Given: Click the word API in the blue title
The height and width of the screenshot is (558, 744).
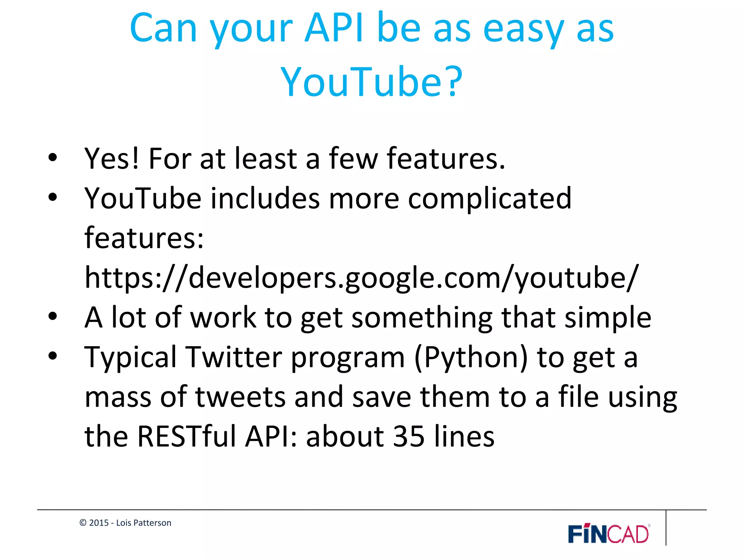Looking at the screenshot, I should coord(334,28).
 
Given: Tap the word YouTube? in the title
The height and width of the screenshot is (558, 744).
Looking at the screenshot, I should coord(372,82).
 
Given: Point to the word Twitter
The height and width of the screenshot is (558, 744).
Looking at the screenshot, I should coord(234,357).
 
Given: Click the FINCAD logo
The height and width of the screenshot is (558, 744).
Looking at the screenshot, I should coord(609,534).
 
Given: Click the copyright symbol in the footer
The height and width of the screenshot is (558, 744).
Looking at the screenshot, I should coord(83,523).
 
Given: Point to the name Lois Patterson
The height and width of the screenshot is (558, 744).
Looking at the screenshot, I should coord(143,523).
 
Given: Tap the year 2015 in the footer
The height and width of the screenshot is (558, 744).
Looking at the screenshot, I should coord(99,523).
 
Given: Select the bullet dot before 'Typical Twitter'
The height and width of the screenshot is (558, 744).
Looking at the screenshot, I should coord(53,356).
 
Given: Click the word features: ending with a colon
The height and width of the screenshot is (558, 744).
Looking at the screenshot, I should coord(144,238).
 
